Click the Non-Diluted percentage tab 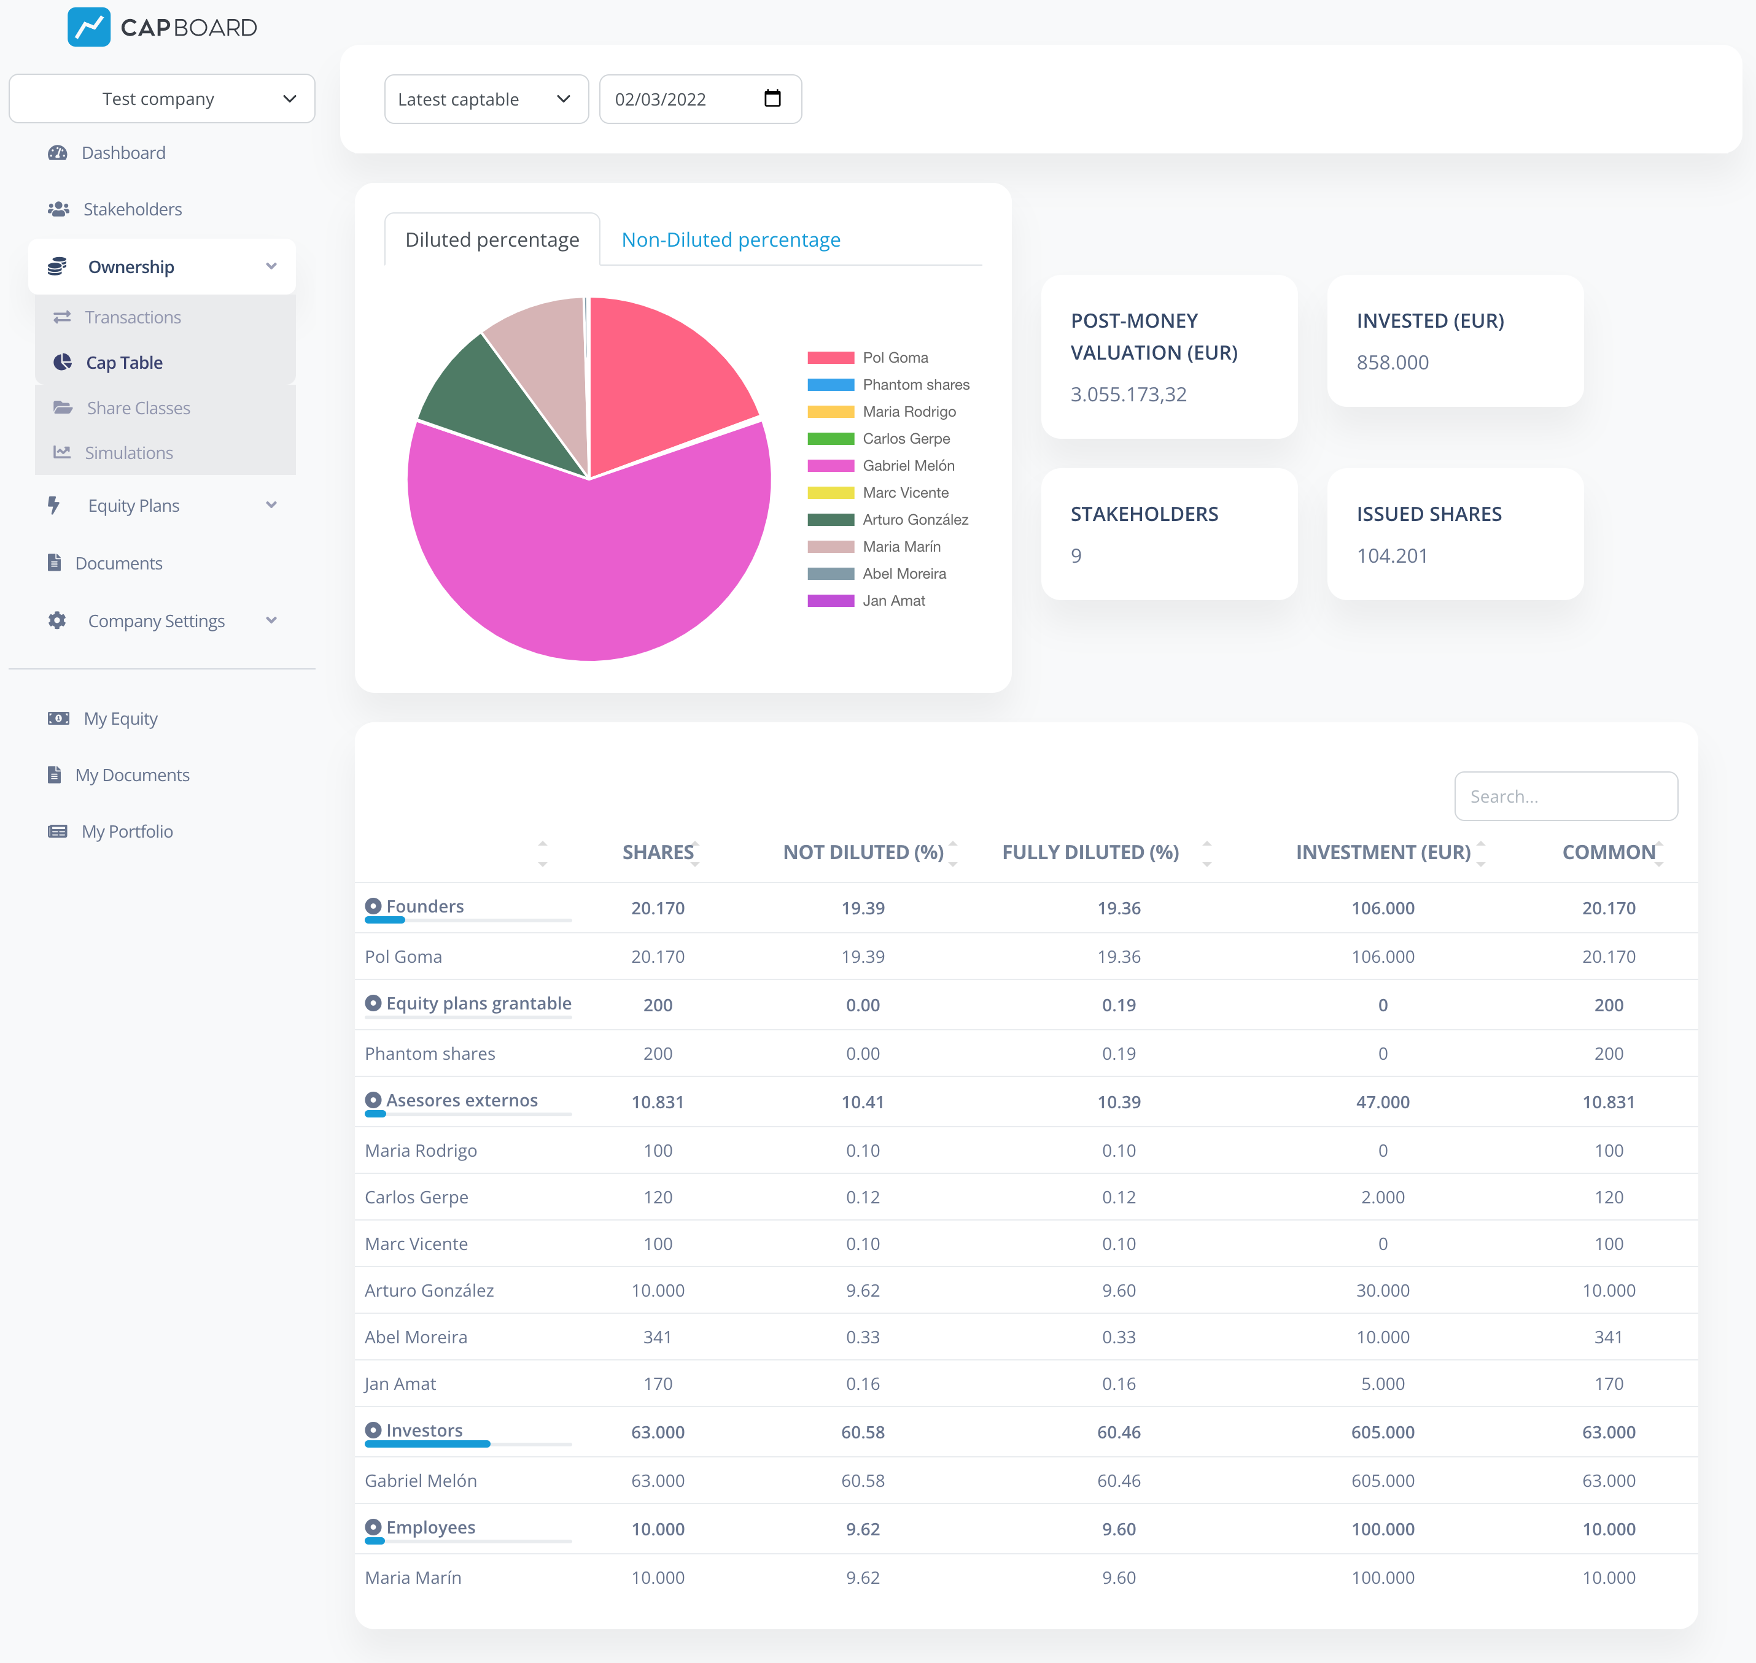(730, 239)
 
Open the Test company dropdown (161, 98)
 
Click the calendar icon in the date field (772, 98)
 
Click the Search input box (1565, 796)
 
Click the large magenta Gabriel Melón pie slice (585, 568)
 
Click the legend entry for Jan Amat (893, 601)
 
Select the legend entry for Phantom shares (915, 385)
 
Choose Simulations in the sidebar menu (128, 453)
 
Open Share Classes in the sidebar (138, 407)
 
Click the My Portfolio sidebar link (127, 831)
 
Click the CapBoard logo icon (88, 28)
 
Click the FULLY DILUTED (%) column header (1090, 852)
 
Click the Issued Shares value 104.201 (1391, 556)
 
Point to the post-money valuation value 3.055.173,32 (1128, 395)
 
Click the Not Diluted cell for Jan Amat (862, 1384)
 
